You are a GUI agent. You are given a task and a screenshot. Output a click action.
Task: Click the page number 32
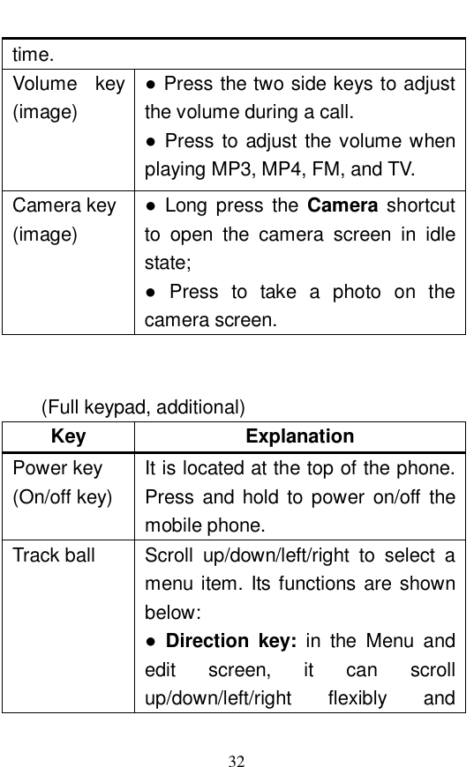point(237,736)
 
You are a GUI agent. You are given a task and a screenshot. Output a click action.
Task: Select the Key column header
point(69,436)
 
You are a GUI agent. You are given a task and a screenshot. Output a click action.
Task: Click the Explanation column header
point(300,436)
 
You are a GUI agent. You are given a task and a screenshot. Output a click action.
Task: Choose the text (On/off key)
point(62,497)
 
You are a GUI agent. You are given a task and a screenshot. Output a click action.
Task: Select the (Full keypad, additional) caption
point(145,407)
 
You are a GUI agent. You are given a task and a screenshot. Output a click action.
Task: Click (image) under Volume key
point(43,113)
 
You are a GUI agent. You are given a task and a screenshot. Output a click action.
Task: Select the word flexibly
point(357,699)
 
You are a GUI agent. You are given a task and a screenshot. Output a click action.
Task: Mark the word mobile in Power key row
point(169,526)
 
